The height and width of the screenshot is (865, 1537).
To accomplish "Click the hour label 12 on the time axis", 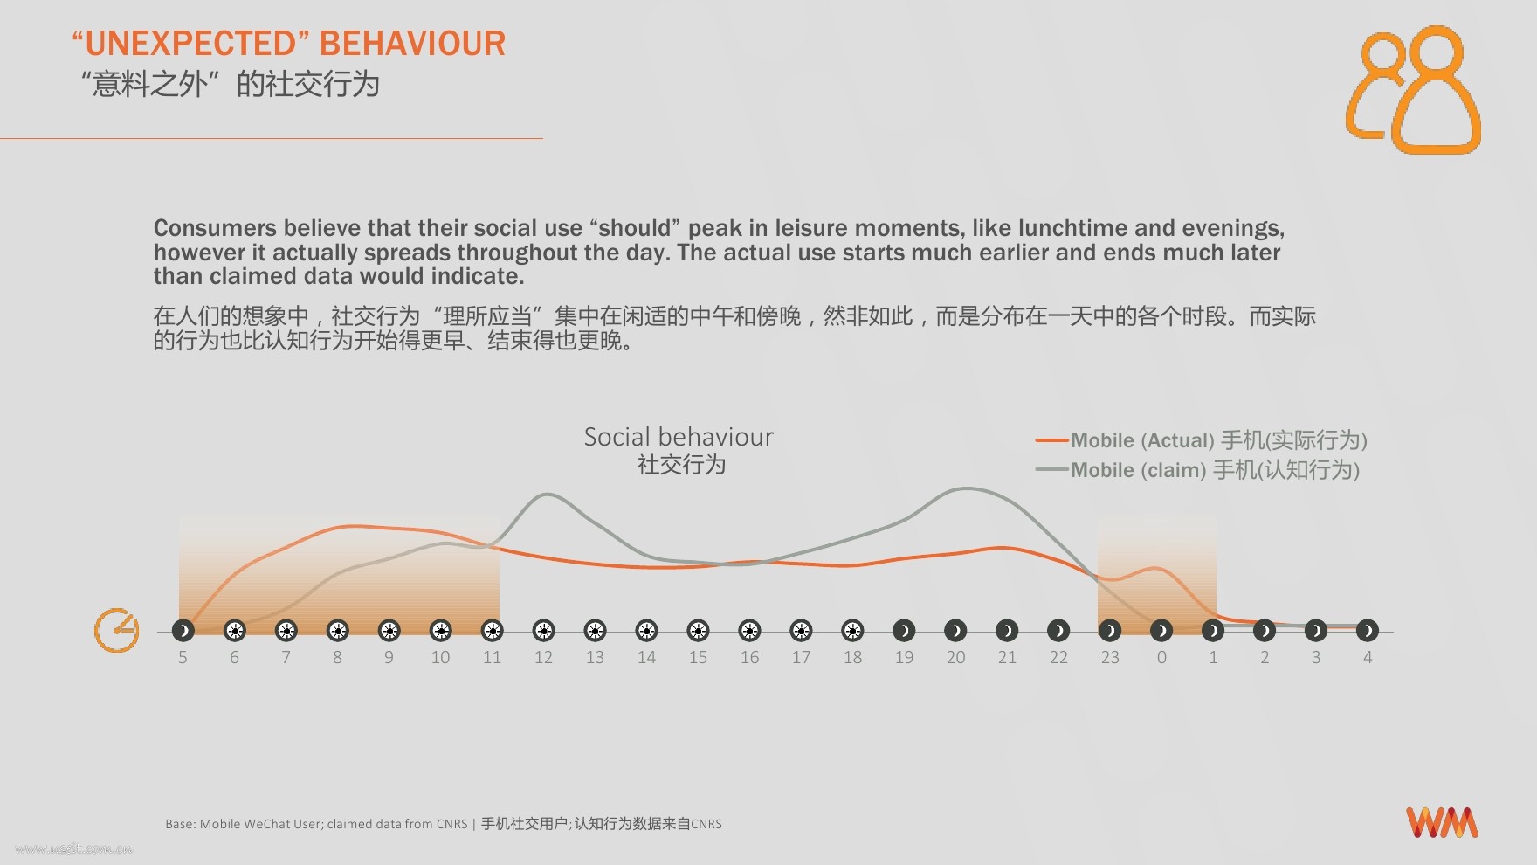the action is [x=543, y=657].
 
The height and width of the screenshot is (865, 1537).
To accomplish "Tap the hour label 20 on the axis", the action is [x=955, y=657].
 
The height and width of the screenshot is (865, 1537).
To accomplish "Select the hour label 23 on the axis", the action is [x=1110, y=657].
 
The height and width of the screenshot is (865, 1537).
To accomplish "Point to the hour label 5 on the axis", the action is [x=183, y=657].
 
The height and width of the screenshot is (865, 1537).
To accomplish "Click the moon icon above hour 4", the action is [x=1368, y=630].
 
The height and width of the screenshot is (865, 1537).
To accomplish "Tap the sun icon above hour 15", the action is [x=698, y=630].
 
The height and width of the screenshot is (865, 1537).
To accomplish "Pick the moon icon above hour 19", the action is [x=904, y=630].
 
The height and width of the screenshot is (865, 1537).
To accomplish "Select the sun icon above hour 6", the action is [x=234, y=630].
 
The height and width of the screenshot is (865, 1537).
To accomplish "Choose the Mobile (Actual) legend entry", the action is [x=1202, y=440].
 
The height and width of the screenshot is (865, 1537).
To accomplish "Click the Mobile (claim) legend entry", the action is [x=1197, y=470].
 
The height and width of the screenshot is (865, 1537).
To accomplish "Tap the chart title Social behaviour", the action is [x=679, y=437].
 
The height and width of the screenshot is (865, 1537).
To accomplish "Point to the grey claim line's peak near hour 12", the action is [x=546, y=495].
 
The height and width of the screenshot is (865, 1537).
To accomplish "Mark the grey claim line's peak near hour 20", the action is [x=967, y=488].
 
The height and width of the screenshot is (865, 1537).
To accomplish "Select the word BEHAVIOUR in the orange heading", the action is [x=413, y=44].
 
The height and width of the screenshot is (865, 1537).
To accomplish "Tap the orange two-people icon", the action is [x=1413, y=89].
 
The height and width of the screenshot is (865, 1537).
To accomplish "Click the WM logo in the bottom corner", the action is [x=1442, y=822].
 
